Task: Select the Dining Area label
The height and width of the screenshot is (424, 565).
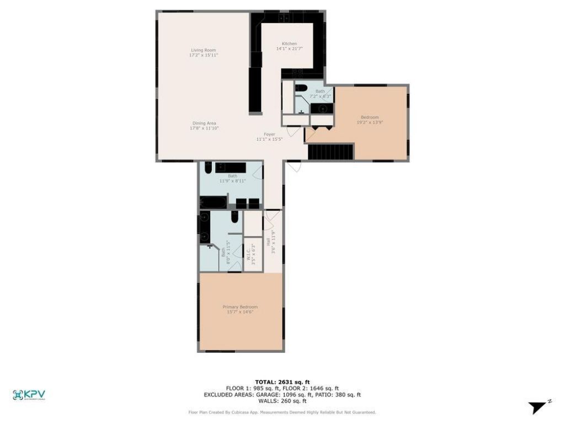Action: click(204, 123)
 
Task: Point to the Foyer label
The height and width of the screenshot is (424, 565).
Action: click(269, 134)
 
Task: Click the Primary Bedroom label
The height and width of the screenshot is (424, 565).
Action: click(240, 307)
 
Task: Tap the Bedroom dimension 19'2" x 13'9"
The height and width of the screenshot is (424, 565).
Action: click(370, 122)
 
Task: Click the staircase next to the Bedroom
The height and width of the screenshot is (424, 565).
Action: click(330, 151)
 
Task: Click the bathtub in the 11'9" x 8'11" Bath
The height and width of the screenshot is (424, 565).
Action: click(213, 203)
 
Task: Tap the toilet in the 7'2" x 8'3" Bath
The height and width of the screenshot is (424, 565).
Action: click(301, 88)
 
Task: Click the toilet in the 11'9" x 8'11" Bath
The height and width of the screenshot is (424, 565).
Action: click(208, 167)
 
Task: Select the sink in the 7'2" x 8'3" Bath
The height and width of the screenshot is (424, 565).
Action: click(322, 108)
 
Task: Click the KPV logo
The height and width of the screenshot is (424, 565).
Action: click(29, 395)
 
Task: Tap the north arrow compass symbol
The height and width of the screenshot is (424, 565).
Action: click(539, 407)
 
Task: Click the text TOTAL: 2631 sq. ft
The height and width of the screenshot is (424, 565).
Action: click(282, 381)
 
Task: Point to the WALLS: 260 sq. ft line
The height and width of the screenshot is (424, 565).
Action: click(282, 401)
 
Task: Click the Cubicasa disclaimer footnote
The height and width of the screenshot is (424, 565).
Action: click(282, 412)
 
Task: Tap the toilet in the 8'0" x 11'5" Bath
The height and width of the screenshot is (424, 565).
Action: click(234, 217)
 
